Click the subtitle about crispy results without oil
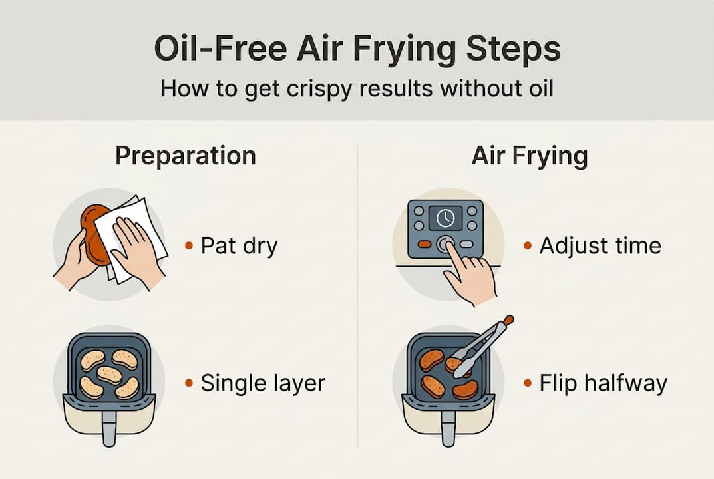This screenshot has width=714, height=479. coord(357,88)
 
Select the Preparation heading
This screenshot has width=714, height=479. coord(185,156)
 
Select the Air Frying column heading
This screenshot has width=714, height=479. coord(530,156)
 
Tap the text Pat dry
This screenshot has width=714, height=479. coord(239,245)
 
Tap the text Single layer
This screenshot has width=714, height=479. coord(263,383)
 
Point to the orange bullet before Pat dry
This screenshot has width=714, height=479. coord(190,246)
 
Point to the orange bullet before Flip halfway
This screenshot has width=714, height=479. coord(528,383)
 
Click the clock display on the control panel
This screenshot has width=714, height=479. coord(445,218)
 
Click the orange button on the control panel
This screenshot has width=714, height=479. coord(424,244)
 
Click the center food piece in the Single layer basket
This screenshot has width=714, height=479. coord(108,375)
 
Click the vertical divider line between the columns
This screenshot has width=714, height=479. coord(357,299)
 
